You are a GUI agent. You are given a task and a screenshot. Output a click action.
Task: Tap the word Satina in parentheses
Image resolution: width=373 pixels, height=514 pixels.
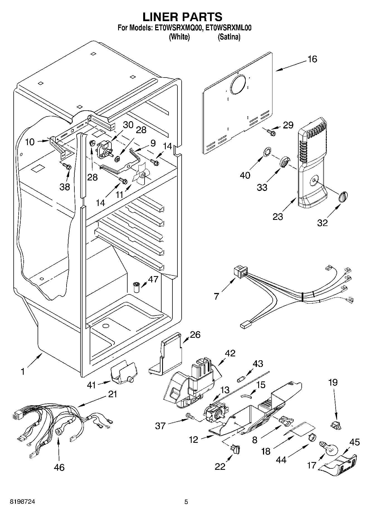point(229,37)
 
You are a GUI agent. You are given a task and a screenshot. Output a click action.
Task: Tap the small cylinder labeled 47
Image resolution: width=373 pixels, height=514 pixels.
point(136,287)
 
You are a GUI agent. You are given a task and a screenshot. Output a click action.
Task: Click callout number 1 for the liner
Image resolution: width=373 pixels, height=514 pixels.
point(23,371)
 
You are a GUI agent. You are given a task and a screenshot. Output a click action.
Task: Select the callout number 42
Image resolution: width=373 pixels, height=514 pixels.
point(230,353)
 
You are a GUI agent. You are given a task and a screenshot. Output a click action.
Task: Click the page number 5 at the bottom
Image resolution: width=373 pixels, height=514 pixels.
point(186,502)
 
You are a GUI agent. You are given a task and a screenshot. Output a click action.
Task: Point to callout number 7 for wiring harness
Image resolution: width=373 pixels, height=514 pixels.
point(216,296)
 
